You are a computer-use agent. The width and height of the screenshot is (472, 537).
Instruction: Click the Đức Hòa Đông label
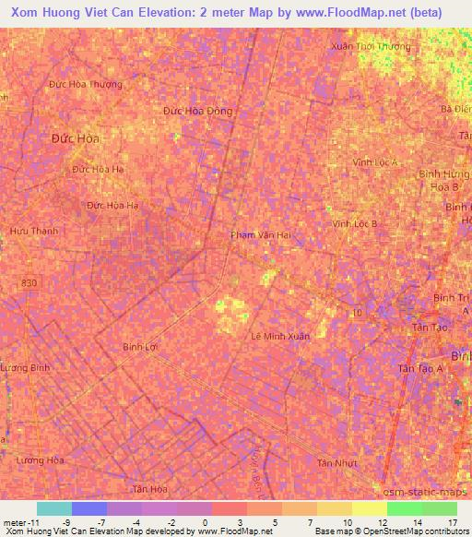[198, 111]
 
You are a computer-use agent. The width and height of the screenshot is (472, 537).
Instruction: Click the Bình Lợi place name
[142, 347]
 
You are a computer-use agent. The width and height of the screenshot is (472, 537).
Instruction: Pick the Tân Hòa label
[149, 488]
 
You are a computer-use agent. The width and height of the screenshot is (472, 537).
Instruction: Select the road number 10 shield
[356, 313]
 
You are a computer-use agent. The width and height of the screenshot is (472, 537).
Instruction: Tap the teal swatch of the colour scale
[54, 508]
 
